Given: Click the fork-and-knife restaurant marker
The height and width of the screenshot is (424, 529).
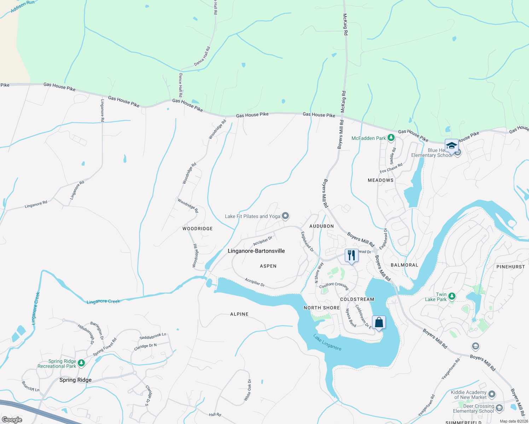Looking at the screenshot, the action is [x=351, y=255].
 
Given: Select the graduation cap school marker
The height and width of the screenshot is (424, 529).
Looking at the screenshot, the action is [x=452, y=146].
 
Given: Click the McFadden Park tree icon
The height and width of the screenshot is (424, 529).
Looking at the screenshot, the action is [x=391, y=138].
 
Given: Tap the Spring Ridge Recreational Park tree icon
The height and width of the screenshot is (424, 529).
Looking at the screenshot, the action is [x=81, y=363].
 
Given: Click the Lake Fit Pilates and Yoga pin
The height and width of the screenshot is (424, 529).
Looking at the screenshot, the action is [x=286, y=216].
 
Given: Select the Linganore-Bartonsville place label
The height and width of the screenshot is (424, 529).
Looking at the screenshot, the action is [x=256, y=251].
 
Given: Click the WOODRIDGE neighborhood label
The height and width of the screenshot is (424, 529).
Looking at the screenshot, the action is [x=198, y=229].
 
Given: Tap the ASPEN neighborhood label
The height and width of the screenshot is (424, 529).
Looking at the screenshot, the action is [x=268, y=266].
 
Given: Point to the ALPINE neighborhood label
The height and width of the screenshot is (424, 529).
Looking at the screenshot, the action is [x=239, y=314].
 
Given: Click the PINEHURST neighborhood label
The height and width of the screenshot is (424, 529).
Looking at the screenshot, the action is [x=511, y=267].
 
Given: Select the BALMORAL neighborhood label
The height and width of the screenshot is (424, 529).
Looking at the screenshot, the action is [x=405, y=265].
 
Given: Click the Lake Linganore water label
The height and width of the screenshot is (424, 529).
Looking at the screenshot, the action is [x=327, y=342].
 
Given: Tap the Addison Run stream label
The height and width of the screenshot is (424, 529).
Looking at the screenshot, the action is [x=23, y=6].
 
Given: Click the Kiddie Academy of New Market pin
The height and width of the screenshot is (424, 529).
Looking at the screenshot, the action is [x=492, y=394].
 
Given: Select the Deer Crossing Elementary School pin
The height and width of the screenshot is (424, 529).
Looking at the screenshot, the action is [x=499, y=408].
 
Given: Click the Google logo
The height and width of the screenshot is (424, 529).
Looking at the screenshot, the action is [x=12, y=420].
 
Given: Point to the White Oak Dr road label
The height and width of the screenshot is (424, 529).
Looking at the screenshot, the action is [x=248, y=390].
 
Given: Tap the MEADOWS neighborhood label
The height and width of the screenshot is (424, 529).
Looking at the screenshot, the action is [x=380, y=180].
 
